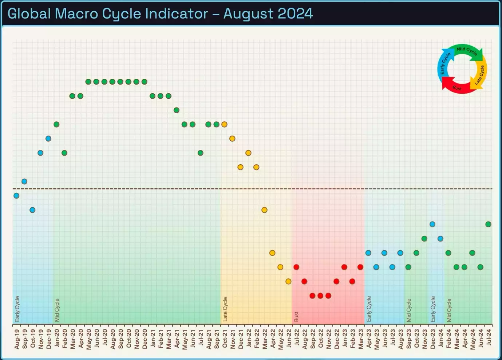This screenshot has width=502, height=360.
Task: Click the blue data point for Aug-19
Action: [x=16, y=196]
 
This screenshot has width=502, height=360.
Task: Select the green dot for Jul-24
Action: [x=488, y=224]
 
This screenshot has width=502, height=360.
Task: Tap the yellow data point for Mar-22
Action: [x=264, y=210]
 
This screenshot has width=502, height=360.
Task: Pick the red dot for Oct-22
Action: [x=320, y=296]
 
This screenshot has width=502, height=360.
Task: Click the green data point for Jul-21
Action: [x=200, y=153]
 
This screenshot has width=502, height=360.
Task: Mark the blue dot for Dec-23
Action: [x=432, y=224]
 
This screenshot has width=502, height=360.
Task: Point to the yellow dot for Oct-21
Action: [x=224, y=124]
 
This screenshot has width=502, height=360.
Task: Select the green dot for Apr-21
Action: [x=176, y=110]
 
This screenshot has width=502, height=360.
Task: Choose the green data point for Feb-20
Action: [x=64, y=153]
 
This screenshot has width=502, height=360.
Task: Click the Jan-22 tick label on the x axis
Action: [x=249, y=339]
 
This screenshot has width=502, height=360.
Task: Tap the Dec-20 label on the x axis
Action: [x=145, y=339]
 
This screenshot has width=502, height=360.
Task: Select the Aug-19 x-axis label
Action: [x=17, y=339]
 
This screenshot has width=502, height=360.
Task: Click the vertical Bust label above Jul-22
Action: [x=296, y=316]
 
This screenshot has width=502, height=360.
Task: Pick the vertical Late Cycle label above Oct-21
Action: [x=225, y=309]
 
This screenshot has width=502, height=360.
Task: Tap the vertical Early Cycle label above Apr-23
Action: [x=369, y=309]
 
